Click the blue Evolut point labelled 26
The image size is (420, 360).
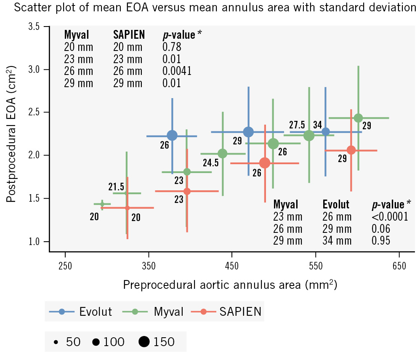click(172, 136)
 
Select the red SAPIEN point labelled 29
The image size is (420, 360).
click(351, 150)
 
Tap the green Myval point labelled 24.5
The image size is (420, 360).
click(223, 154)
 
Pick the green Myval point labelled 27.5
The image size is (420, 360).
click(309, 136)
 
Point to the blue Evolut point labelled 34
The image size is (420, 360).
click(326, 132)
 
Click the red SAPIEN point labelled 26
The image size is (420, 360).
click(265, 163)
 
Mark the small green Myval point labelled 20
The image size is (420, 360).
click(102, 204)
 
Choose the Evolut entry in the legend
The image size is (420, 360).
click(81, 312)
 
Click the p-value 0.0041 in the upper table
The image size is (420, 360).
click(177, 71)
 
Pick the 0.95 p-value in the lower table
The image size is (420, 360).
click(381, 241)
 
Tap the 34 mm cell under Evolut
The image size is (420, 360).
click(337, 241)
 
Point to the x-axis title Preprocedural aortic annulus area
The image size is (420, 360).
click(230, 285)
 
